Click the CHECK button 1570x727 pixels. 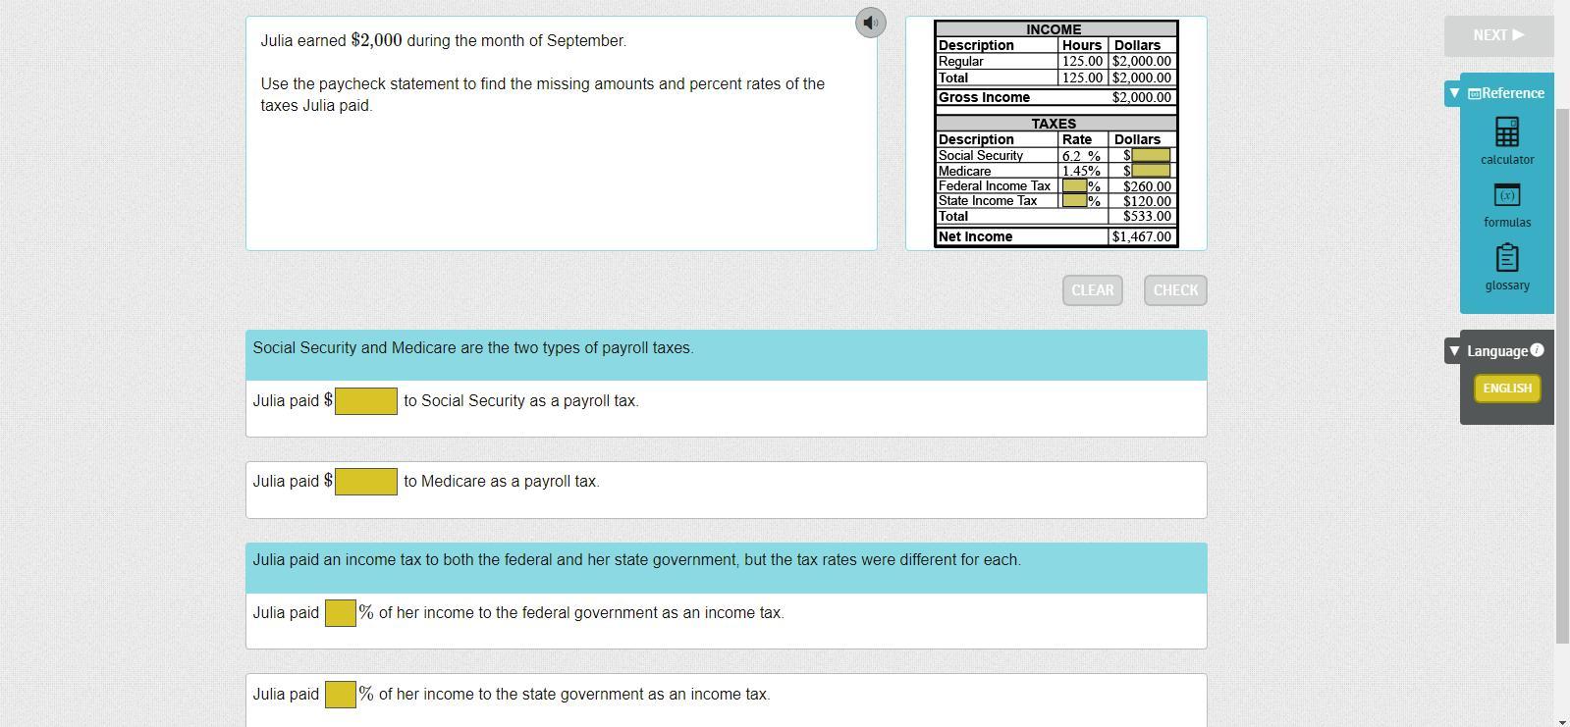pyautogui.click(x=1175, y=290)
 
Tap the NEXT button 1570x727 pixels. pyautogui.click(x=1498, y=35)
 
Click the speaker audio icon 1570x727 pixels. pyautogui.click(x=871, y=23)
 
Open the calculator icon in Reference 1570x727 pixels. pyautogui.click(x=1507, y=131)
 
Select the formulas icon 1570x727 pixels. pyautogui.click(x=1507, y=194)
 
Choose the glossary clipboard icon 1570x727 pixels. pyautogui.click(x=1507, y=258)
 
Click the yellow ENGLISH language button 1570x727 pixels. pyautogui.click(x=1507, y=388)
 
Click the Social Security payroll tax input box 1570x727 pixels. pyautogui.click(x=366, y=401)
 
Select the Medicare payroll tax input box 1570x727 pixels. pyautogui.click(x=366, y=482)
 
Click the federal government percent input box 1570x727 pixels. pyautogui.click(x=340, y=613)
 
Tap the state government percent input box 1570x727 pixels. pyautogui.click(x=340, y=695)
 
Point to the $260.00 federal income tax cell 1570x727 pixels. pyautogui.click(x=1143, y=186)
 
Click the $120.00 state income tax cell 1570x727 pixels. pyautogui.click(x=1143, y=201)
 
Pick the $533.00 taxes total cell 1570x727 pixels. pyautogui.click(x=1143, y=217)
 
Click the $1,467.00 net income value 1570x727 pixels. pyautogui.click(x=1142, y=236)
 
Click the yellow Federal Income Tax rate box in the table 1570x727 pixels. pyautogui.click(x=1074, y=185)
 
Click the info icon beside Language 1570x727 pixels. pyautogui.click(x=1537, y=350)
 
